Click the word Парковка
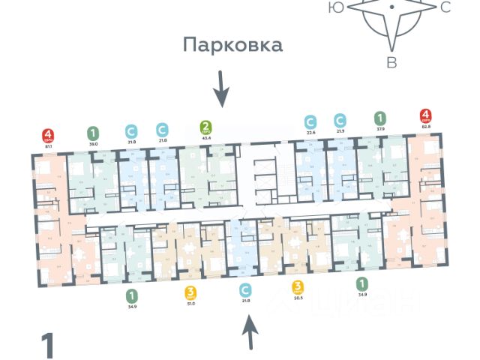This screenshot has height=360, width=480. click(x=233, y=45)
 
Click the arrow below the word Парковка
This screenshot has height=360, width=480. click(x=220, y=89)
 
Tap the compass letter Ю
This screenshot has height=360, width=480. click(x=337, y=7)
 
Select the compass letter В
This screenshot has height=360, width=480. click(x=391, y=63)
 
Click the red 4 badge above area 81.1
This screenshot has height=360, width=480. click(x=49, y=136)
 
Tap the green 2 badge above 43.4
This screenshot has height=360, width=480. click(x=205, y=127)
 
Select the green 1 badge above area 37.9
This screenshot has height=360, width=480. click(x=380, y=118)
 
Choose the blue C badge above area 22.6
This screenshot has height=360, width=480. click(x=310, y=121)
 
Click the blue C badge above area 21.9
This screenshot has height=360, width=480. click(x=340, y=120)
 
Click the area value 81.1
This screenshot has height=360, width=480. click(x=49, y=148)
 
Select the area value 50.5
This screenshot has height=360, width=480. click(x=298, y=298)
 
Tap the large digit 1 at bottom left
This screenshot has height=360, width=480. click(x=47, y=346)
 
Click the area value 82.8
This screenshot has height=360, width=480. click(x=425, y=128)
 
